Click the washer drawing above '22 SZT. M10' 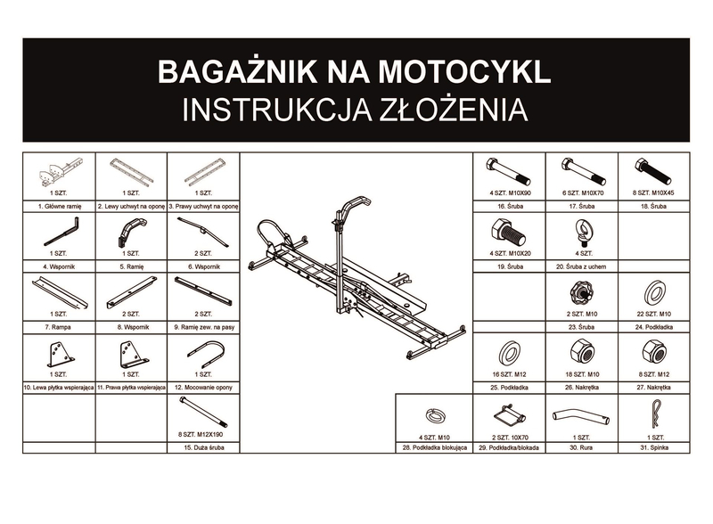[652, 292]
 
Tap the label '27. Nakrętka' [652, 388]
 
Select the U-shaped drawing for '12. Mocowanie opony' [205, 355]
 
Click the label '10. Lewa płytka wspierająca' [57, 388]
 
